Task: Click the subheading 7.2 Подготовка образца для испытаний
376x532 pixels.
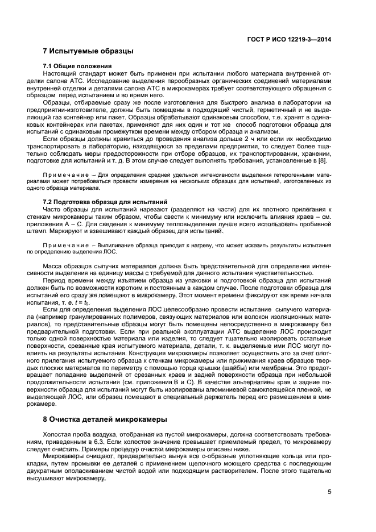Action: click(105, 202)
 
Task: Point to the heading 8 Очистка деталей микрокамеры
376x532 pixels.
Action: click(106, 419)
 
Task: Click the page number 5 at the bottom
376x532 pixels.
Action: click(329, 493)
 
